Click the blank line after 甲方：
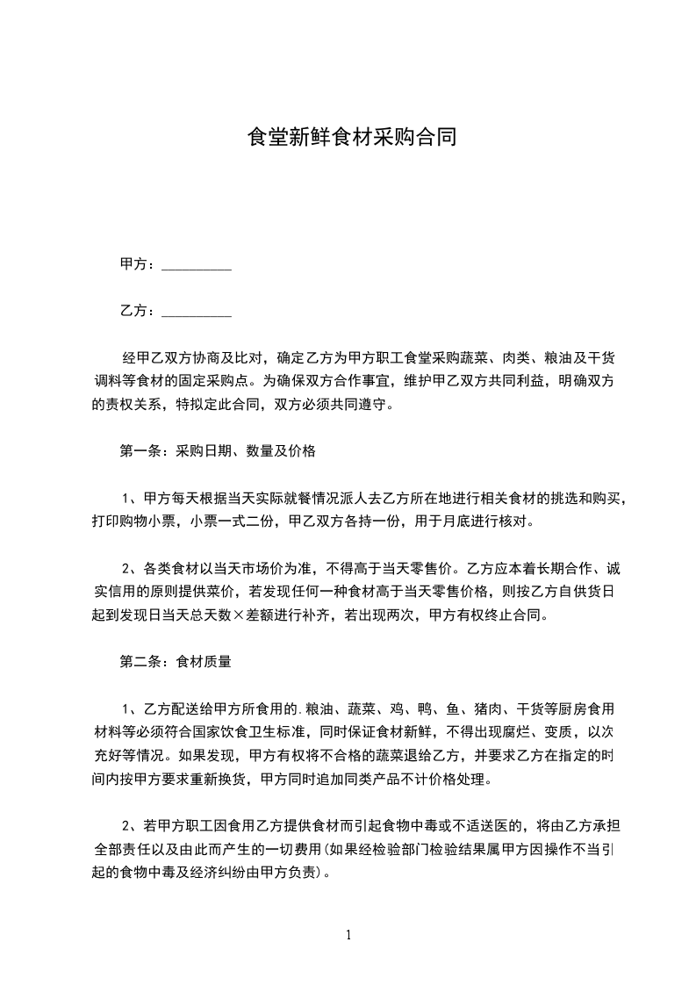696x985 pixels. click(x=197, y=265)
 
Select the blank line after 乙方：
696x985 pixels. click(x=197, y=311)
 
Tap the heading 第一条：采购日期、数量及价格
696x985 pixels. click(x=217, y=452)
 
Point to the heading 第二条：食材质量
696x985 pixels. click(x=175, y=662)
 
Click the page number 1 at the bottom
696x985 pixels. click(x=348, y=935)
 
